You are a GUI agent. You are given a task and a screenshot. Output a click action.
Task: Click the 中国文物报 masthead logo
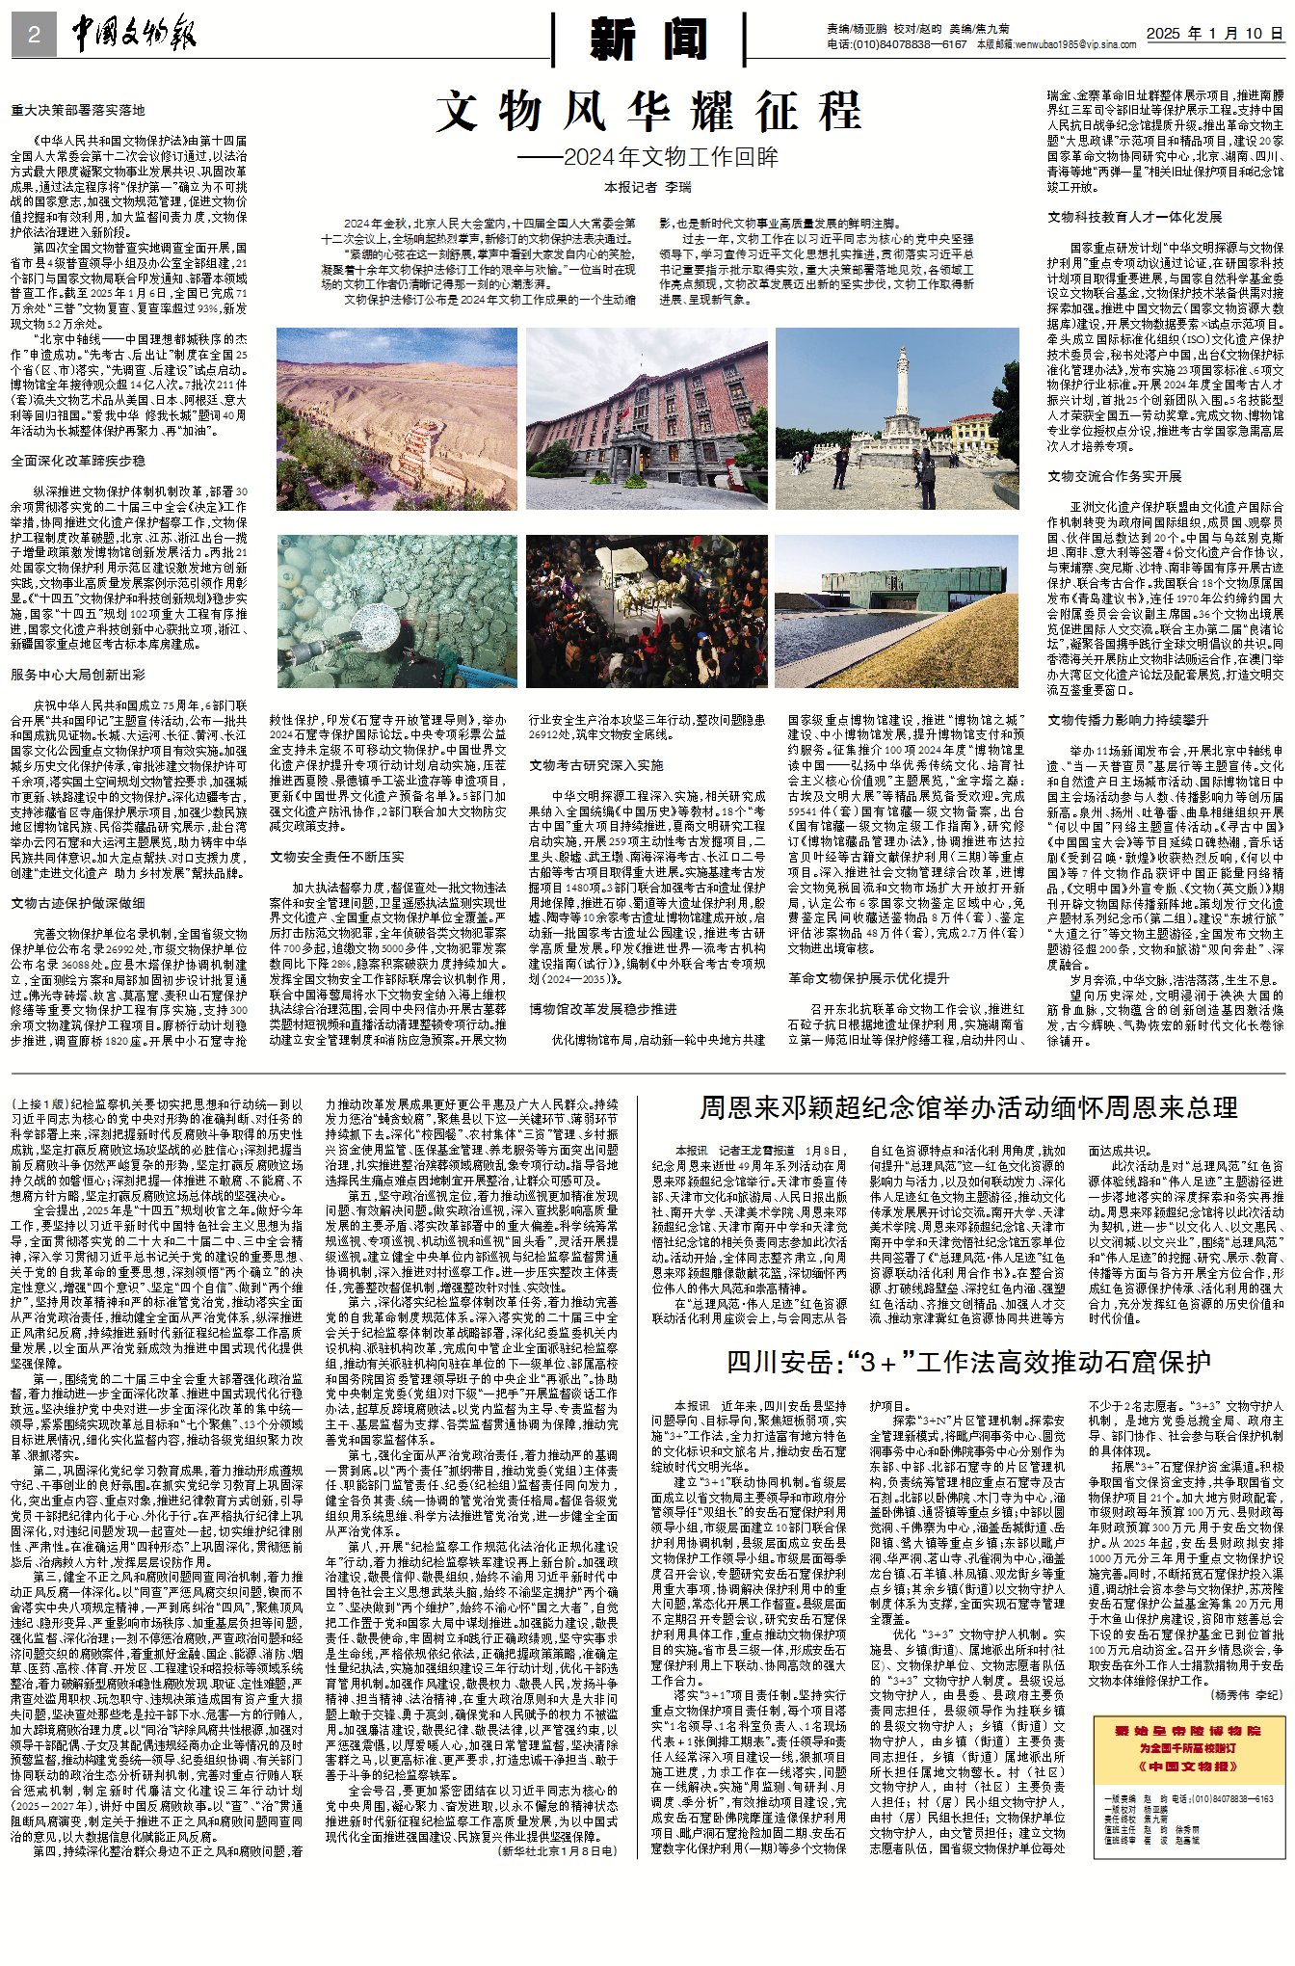(x=134, y=36)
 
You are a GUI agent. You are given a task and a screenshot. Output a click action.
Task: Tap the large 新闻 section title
(x=647, y=40)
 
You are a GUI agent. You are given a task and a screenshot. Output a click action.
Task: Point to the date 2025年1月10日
(x=1214, y=33)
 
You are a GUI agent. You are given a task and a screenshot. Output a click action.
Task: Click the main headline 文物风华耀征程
(x=647, y=111)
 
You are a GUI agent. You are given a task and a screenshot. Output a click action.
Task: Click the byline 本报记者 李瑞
(x=647, y=187)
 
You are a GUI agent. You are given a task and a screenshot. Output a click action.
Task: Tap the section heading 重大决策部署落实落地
(x=79, y=111)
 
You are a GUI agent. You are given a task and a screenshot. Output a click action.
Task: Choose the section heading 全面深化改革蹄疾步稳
(x=79, y=461)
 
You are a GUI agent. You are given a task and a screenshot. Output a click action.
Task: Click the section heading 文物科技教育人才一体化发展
(x=1134, y=217)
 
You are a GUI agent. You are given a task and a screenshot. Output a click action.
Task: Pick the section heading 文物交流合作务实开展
(x=1114, y=476)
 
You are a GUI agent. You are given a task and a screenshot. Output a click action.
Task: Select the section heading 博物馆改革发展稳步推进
(x=602, y=1009)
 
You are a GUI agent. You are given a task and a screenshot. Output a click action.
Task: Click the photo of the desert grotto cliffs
(x=396, y=418)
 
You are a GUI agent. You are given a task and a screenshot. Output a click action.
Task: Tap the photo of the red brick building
(x=647, y=418)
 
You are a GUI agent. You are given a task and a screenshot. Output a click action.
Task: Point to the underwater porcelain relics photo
(x=396, y=611)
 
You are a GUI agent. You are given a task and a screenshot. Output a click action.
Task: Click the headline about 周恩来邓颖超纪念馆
(x=967, y=1106)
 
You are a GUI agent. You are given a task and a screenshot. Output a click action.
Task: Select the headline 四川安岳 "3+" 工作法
(x=967, y=1362)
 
